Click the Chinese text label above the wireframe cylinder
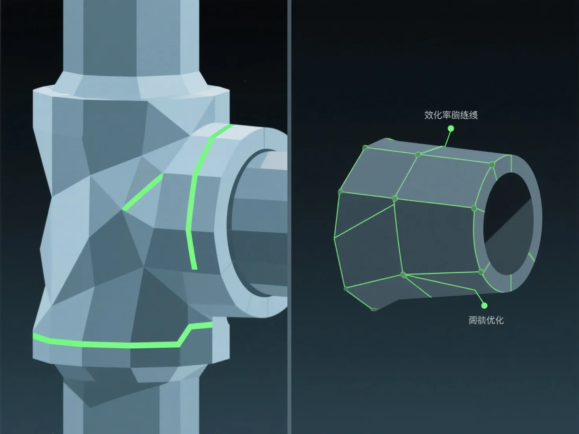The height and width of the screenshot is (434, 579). coord(451,115)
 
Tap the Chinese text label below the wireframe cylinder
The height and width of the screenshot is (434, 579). coord(486,320)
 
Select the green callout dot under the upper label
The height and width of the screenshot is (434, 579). coord(451,129)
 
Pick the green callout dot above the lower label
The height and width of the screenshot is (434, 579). coord(484,305)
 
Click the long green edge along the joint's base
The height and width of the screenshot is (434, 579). coord(110,345)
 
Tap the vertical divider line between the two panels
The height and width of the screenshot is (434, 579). coord(289,216)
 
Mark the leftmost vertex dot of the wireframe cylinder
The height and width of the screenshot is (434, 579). coord(341,192)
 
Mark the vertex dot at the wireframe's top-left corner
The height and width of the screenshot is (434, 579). coord(365,148)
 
